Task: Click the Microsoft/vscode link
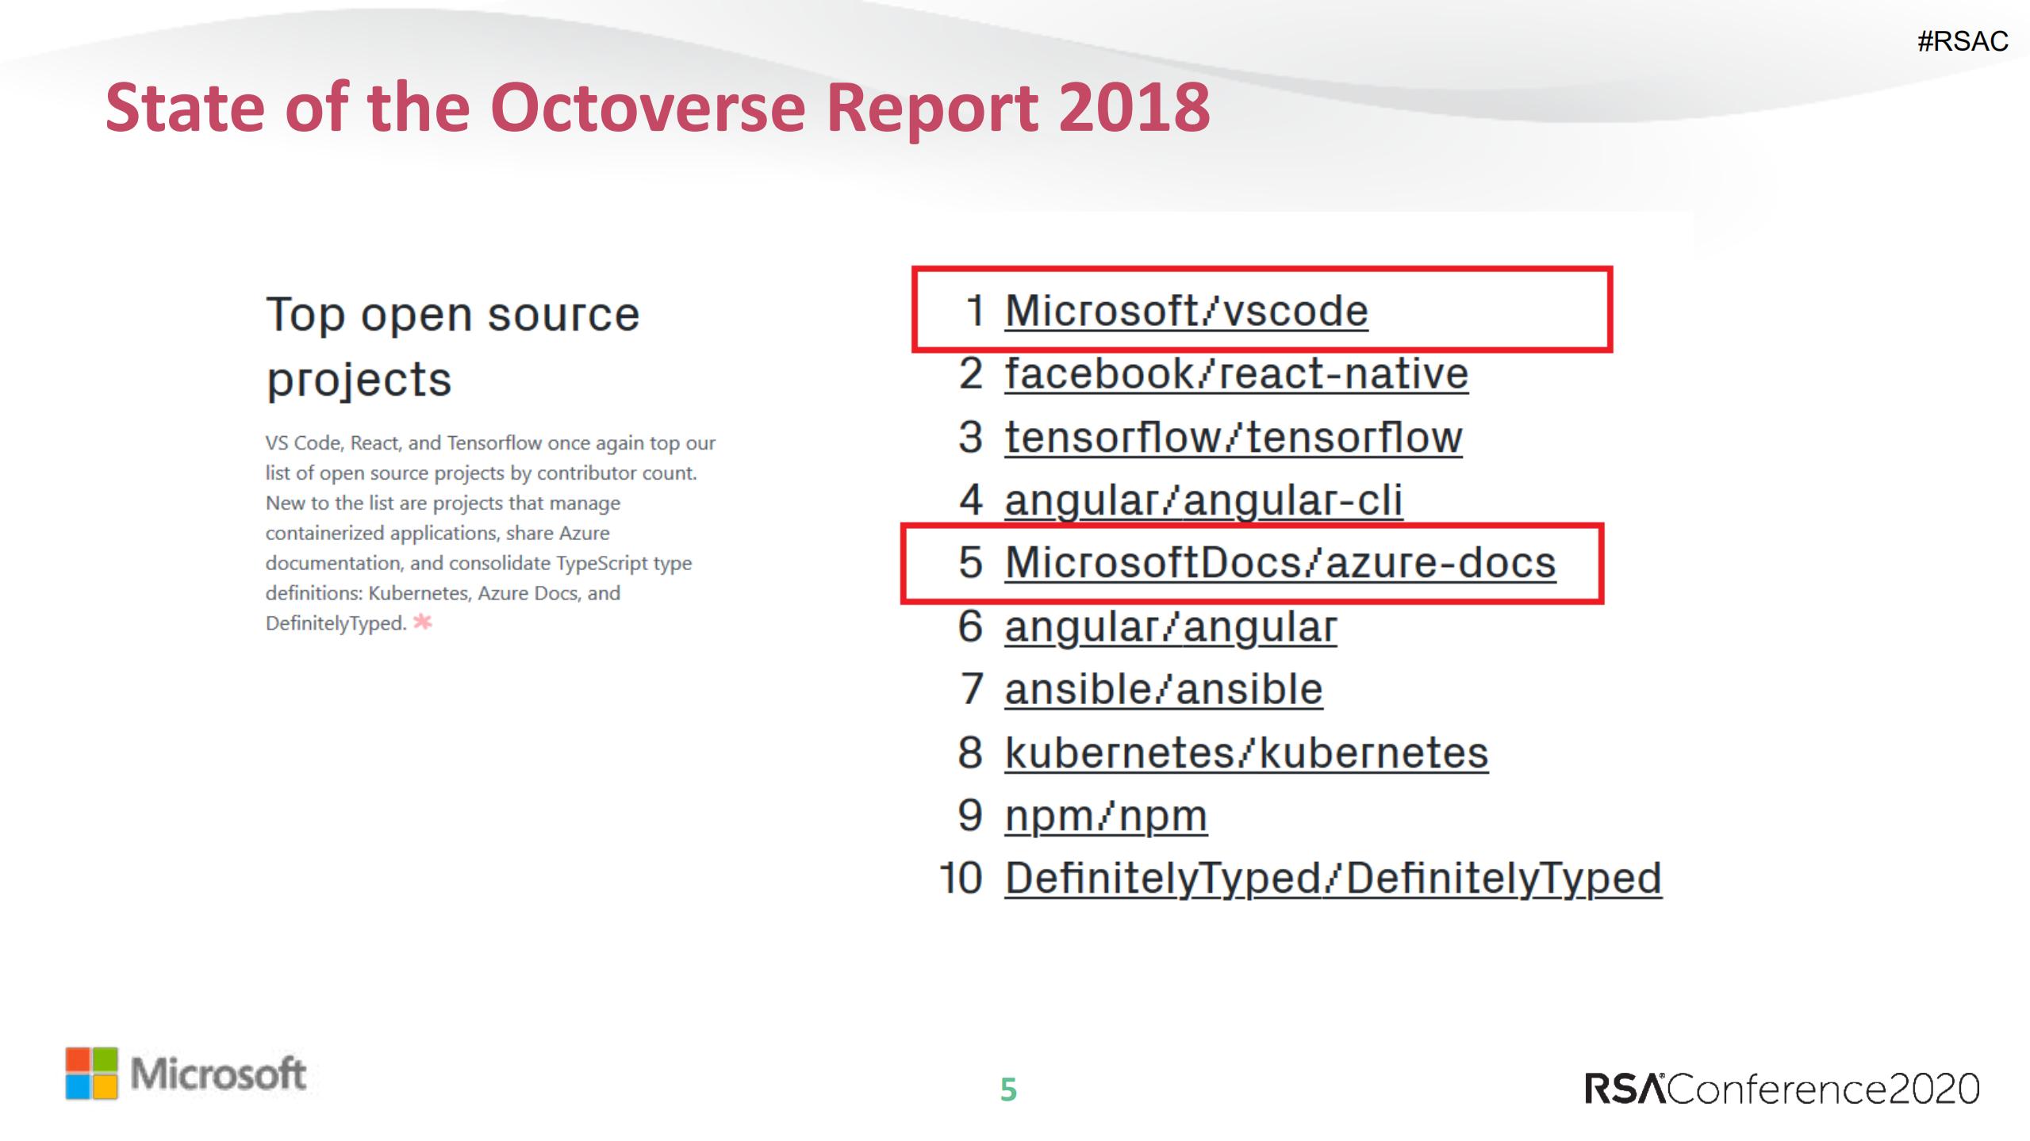[1186, 310]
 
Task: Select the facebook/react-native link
[1236, 373]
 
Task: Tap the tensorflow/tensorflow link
[1233, 437]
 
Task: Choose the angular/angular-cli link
[1203, 500]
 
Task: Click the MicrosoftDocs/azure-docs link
[1280, 562]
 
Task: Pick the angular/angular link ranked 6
[1170, 626]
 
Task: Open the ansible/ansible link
[1163, 689]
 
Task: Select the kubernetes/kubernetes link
[1246, 752]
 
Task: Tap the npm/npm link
[1106, 815]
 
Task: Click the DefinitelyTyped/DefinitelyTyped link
[1333, 879]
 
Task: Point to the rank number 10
[960, 879]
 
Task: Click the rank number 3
[970, 437]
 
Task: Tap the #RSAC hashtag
[1963, 41]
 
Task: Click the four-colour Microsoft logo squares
[91, 1073]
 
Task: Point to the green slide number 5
[1008, 1089]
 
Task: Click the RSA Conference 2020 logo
[1782, 1089]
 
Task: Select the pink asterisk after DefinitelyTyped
[423, 622]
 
